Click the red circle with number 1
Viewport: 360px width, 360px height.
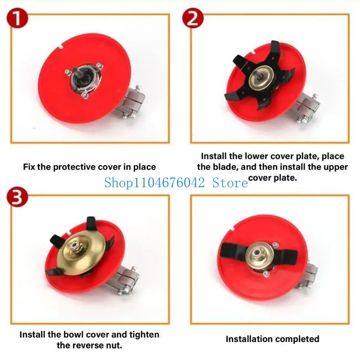point(17,18)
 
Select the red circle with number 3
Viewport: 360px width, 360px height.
point(17,197)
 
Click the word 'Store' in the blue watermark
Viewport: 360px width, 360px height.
point(230,183)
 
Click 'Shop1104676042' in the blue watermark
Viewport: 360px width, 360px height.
point(154,183)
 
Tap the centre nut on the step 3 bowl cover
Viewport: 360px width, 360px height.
point(74,246)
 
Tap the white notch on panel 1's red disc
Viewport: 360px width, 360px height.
point(61,46)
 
